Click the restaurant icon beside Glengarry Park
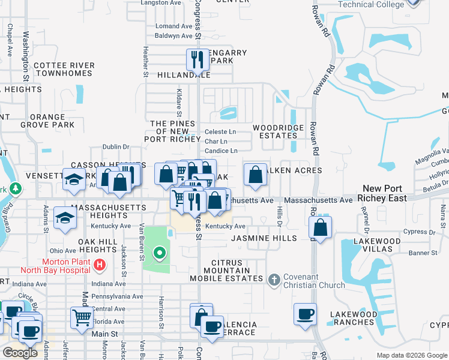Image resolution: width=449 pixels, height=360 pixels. (197, 59)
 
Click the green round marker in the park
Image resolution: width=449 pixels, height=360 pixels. (159, 253)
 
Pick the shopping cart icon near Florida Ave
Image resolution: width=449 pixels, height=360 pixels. (82, 317)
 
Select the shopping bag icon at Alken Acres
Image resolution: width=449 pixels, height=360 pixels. (255, 174)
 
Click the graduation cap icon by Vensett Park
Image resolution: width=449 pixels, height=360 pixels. (74, 181)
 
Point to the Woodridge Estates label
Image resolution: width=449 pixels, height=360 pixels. (274, 131)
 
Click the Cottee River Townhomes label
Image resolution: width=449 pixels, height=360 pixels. (64, 69)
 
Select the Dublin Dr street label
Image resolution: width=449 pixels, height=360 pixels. (116, 146)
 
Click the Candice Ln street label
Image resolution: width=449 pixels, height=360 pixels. (221, 151)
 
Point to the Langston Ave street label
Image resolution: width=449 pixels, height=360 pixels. (160, 3)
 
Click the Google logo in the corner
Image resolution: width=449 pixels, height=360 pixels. (20, 353)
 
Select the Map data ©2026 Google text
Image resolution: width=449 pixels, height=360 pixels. (411, 355)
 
